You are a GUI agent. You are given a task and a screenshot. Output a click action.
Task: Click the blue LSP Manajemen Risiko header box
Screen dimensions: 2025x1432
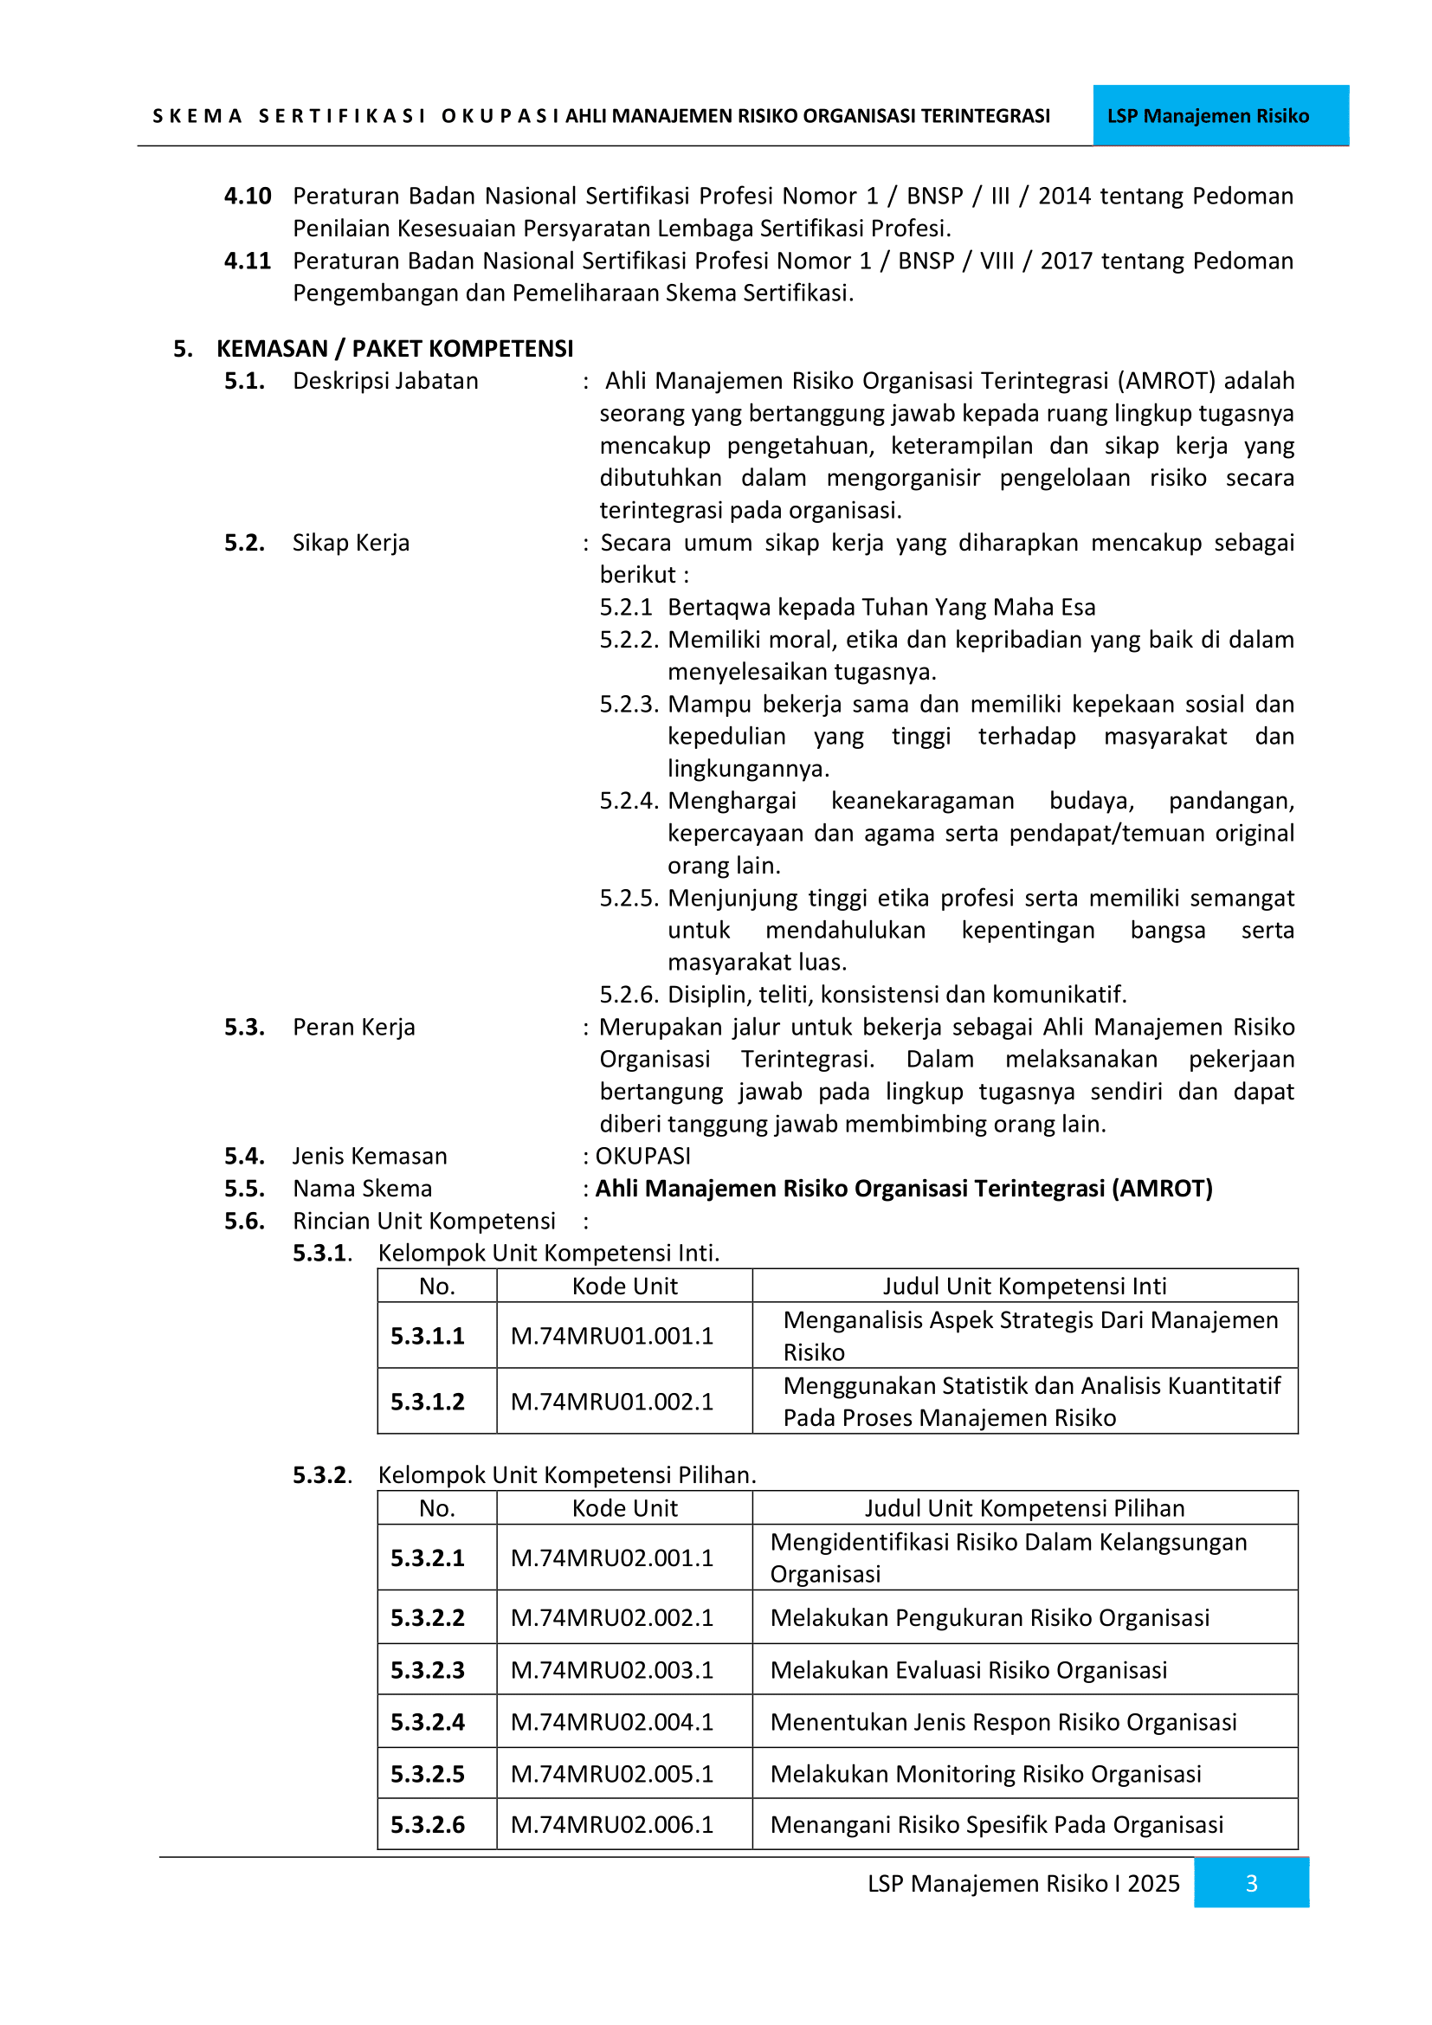tap(1221, 115)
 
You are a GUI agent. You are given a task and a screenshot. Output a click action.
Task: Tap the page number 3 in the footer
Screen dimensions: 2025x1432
tap(1250, 1883)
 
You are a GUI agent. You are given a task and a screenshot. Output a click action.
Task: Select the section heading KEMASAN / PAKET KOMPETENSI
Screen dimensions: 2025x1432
tap(394, 348)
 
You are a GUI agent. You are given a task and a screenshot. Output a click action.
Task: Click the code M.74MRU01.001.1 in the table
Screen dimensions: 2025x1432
tap(612, 1335)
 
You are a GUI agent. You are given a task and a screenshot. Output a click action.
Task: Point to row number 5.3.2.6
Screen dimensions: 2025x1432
tap(428, 1824)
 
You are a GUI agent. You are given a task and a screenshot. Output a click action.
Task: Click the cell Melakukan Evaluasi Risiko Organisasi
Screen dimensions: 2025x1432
tap(968, 1669)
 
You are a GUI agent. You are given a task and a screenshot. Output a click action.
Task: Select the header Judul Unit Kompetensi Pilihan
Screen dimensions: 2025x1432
tap(1023, 1508)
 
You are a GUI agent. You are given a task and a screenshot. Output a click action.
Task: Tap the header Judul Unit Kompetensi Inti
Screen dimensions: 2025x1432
tap(1023, 1286)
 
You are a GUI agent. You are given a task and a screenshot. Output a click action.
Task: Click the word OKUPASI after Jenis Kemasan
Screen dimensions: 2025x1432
tap(642, 1156)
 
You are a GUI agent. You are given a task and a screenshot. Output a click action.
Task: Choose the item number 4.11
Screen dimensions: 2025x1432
tap(247, 261)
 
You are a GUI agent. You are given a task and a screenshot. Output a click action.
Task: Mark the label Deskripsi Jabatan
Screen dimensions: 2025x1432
tap(385, 381)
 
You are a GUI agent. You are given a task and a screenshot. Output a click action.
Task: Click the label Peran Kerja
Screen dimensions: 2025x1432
tap(353, 1027)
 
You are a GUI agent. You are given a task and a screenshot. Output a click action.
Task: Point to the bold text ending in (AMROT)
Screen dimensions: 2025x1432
tap(904, 1188)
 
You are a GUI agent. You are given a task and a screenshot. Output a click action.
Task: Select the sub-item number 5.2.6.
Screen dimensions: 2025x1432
tap(629, 995)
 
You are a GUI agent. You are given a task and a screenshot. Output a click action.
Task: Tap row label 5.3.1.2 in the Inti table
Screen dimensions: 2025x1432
tap(428, 1402)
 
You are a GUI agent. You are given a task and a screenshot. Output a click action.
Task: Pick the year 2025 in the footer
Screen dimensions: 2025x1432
tap(1153, 1883)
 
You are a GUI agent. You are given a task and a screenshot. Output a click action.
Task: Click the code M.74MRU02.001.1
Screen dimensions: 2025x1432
tap(612, 1557)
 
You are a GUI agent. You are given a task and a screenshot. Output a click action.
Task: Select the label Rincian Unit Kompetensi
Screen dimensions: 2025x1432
tap(424, 1221)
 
